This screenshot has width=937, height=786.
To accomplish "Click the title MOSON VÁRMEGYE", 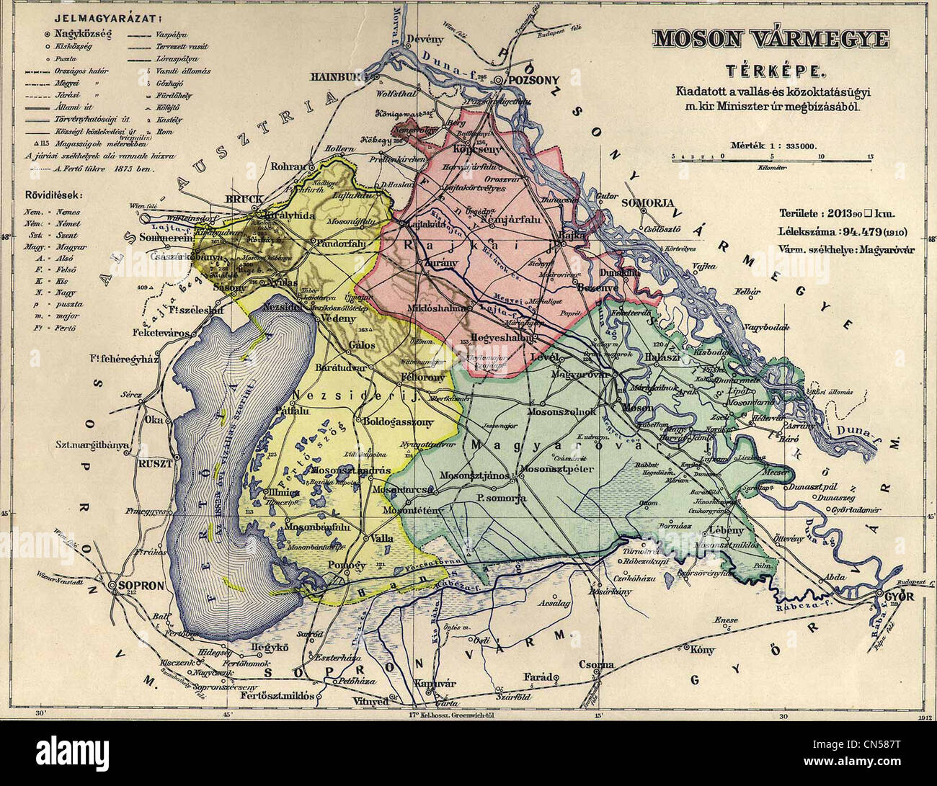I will click(771, 40).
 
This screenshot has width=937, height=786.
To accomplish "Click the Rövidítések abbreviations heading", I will click(50, 195).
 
